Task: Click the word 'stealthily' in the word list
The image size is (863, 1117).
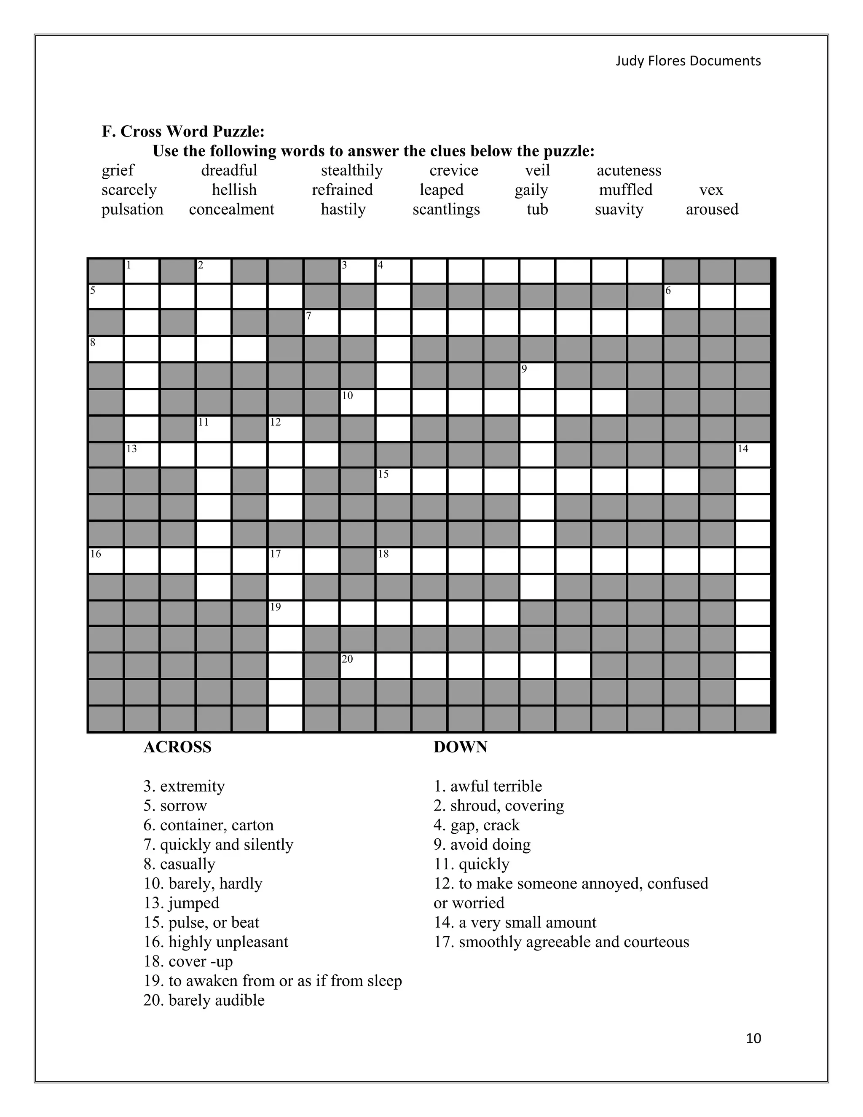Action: pos(351,170)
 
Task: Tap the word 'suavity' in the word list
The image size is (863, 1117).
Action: pos(619,209)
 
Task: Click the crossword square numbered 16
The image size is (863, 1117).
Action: pos(105,560)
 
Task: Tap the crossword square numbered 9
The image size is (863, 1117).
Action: pos(537,376)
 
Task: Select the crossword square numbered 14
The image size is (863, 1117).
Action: pos(753,455)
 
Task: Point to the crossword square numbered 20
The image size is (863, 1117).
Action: pos(357,666)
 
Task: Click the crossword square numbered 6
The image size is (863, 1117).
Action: pos(681,297)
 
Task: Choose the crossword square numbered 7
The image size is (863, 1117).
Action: pos(321,323)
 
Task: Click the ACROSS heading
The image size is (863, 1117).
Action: pos(177,747)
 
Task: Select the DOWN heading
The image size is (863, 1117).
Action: pos(460,747)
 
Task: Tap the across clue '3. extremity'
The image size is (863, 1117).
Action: pos(184,786)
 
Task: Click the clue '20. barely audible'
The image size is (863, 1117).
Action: pos(204,1000)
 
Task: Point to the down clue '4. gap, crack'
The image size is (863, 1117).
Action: pos(476,825)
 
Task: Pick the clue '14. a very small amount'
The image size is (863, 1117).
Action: pos(515,922)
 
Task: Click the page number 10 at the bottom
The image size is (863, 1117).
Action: pos(753,1038)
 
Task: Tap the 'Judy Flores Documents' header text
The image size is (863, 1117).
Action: pos(688,61)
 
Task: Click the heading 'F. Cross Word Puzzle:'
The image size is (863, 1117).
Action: pos(183,132)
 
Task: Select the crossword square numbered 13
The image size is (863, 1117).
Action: pos(141,455)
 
